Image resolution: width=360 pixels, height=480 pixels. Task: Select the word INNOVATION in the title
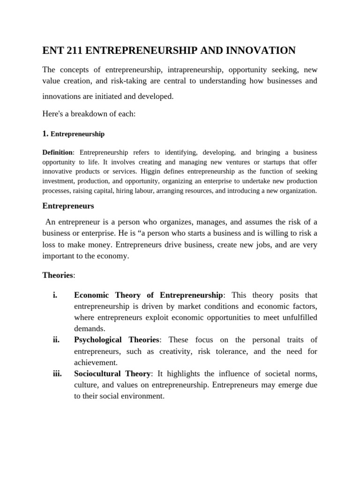click(258, 51)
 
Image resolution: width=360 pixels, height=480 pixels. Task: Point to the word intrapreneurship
click(188, 70)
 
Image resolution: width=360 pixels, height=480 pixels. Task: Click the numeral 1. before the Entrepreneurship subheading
click(45, 134)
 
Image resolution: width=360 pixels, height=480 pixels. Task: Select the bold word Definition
click(58, 153)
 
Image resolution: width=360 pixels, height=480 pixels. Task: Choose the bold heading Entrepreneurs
click(68, 206)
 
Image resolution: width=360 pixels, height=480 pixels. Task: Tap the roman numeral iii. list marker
click(57, 374)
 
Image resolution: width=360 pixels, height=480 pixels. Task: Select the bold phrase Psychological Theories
click(117, 340)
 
